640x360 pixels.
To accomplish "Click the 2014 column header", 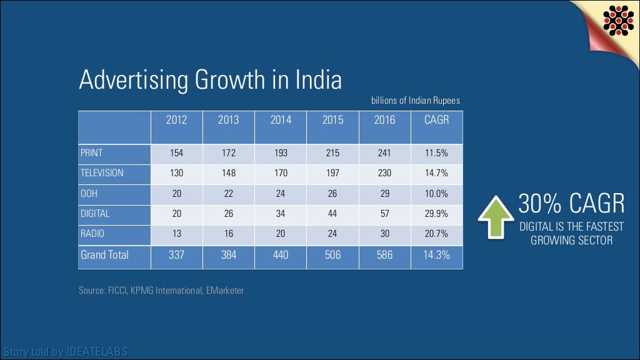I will coord(281,120).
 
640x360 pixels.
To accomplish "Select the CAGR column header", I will coord(436,120).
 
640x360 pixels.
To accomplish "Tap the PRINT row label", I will coord(91,152).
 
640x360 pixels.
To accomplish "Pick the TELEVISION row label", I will coord(102,172).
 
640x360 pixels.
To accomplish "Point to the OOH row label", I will coord(89,194).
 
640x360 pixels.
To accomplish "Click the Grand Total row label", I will coord(104,255).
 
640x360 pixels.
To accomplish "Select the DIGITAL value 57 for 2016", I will coord(384,214).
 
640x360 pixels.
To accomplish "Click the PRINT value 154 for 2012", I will coord(176,152).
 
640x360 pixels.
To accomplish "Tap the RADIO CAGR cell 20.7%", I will coord(436,234).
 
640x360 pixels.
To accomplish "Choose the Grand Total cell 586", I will coord(384,255).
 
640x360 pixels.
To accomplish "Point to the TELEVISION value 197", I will coord(332,172).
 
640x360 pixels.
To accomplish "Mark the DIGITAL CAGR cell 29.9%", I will coord(436,214).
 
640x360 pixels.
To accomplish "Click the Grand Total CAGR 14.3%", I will coord(436,255).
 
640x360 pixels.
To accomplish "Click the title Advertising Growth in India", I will coord(211,81).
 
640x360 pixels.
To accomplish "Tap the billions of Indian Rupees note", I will coord(416,101).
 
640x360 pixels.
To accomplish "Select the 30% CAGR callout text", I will coord(571,204).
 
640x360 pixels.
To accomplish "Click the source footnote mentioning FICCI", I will coord(161,290).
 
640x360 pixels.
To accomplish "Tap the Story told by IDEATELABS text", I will coord(64,352).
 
